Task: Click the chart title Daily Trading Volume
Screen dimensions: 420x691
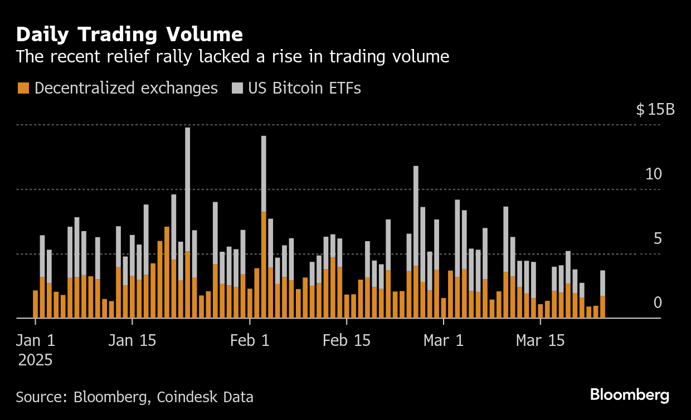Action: [129, 35]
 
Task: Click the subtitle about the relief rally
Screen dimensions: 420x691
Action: [232, 56]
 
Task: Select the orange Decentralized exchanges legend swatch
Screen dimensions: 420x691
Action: [23, 88]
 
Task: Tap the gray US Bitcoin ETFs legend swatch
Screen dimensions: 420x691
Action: [237, 88]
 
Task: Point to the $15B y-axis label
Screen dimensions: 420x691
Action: [655, 109]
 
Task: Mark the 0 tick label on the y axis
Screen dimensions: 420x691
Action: [657, 303]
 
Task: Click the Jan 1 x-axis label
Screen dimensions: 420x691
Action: [35, 340]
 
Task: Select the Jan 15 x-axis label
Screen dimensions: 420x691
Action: [132, 340]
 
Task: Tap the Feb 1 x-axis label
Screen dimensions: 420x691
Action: [250, 340]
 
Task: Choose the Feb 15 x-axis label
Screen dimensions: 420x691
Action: [347, 340]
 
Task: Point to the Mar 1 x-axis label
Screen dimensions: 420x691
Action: [444, 340]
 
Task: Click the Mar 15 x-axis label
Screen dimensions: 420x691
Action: [540, 340]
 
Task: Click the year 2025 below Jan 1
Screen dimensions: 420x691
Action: [35, 360]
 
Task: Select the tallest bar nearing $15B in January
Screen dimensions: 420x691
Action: [187, 223]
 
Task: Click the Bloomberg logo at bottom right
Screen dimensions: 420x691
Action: [630, 395]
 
